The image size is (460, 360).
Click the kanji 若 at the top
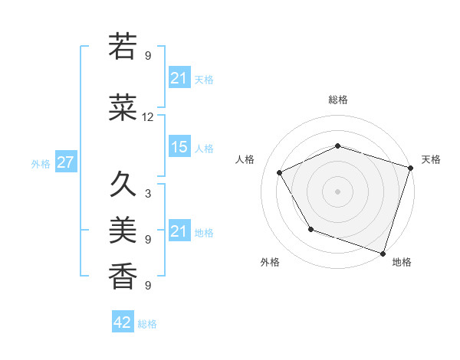tap(123, 47)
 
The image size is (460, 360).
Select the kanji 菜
tap(123, 109)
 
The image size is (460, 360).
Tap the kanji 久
tap(123, 185)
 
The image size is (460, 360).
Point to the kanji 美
tap(123, 231)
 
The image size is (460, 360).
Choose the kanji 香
tap(123, 277)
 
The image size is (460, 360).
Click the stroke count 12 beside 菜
tap(148, 117)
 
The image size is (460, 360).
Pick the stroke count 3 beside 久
tap(148, 193)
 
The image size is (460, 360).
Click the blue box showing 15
tap(179, 148)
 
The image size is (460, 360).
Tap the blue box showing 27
tap(65, 163)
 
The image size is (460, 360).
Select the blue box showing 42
tap(123, 322)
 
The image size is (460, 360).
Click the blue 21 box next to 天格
tap(179, 78)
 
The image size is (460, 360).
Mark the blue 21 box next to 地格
tap(179, 231)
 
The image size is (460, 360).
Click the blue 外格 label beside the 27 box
tap(41, 164)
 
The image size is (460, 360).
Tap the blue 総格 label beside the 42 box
tap(147, 323)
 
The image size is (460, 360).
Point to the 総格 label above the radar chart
tap(337, 100)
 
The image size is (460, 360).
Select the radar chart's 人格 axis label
tap(245, 159)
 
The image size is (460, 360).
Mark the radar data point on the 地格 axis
tap(383, 253)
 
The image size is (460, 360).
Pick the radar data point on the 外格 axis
tap(310, 229)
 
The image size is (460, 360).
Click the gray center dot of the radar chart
tap(337, 191)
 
